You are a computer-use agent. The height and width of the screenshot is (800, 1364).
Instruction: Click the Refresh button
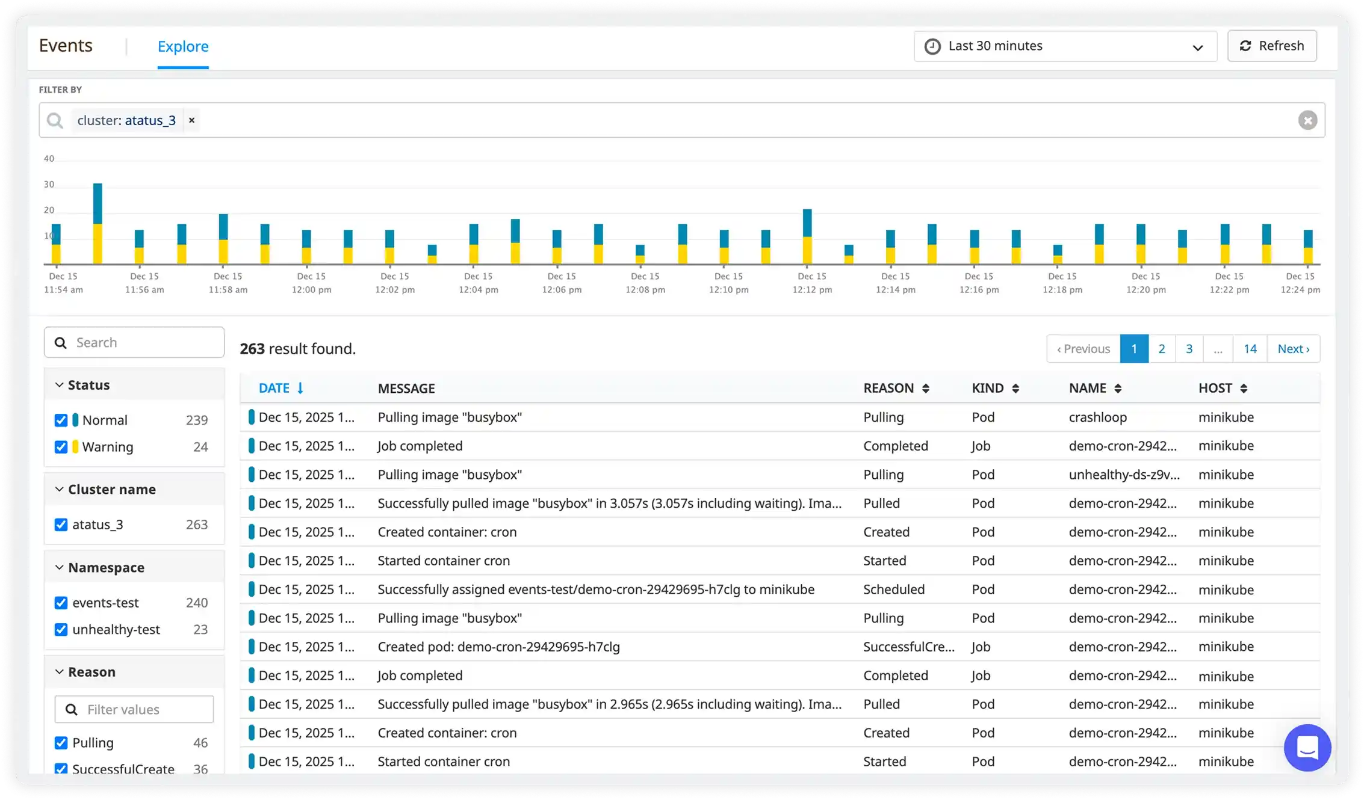click(x=1271, y=46)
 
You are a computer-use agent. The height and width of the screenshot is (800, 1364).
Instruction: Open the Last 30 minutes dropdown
click(x=1064, y=46)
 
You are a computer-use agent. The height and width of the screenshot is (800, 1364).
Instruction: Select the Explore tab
click(x=182, y=47)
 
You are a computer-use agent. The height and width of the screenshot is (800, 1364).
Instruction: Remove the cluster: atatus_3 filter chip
click(x=191, y=120)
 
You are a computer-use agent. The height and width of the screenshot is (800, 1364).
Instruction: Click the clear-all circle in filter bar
click(x=1307, y=120)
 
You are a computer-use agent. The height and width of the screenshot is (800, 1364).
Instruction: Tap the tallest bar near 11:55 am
click(x=98, y=223)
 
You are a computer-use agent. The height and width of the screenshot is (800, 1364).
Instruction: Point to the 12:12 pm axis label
click(x=811, y=283)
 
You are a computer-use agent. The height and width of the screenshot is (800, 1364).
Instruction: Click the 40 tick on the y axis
click(x=49, y=159)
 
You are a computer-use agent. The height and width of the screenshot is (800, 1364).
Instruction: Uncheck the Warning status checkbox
click(x=61, y=447)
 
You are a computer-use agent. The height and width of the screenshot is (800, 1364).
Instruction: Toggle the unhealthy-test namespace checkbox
click(x=61, y=630)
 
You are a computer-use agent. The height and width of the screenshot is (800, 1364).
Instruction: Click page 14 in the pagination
click(x=1250, y=349)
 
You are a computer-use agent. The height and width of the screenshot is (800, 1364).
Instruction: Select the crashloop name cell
click(x=1097, y=417)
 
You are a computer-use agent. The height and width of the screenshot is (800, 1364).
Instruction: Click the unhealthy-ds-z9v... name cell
click(x=1123, y=475)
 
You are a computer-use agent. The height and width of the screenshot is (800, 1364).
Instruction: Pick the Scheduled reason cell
click(x=893, y=589)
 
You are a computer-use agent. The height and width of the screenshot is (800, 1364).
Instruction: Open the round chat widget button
click(x=1307, y=748)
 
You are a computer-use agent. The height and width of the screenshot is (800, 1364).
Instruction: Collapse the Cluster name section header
click(x=111, y=490)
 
